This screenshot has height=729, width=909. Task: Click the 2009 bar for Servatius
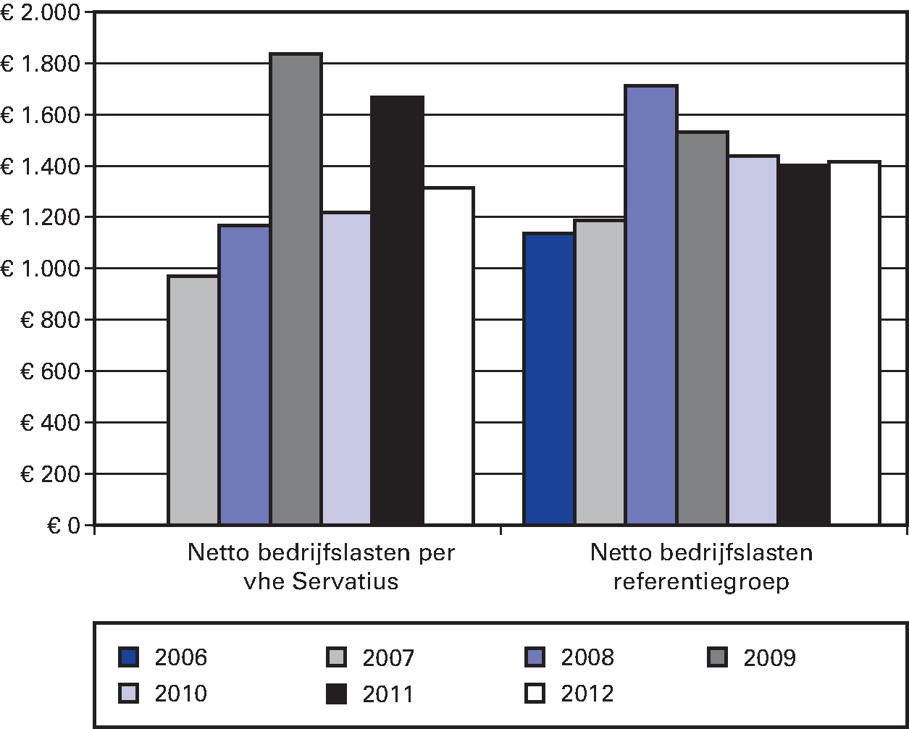pos(296,290)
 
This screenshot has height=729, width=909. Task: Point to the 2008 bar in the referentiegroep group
pos(651,305)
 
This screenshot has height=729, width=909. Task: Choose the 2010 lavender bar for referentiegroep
pos(753,340)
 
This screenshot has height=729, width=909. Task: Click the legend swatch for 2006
pos(128,657)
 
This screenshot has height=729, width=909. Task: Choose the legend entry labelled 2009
pos(769,657)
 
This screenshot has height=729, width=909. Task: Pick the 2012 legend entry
pos(587,694)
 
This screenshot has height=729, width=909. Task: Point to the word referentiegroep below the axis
pos(700,581)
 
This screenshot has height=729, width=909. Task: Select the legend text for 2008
pos(587,657)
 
